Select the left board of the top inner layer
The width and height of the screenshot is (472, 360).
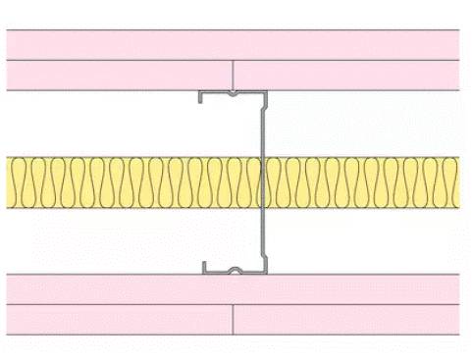click(x=119, y=76)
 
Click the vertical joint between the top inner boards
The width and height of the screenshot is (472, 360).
click(x=233, y=76)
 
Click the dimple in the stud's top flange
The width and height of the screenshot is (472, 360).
click(x=232, y=95)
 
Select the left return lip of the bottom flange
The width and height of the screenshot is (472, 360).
click(x=203, y=267)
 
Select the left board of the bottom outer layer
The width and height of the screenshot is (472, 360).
click(x=119, y=319)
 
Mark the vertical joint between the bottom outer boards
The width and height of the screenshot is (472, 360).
click(x=233, y=319)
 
